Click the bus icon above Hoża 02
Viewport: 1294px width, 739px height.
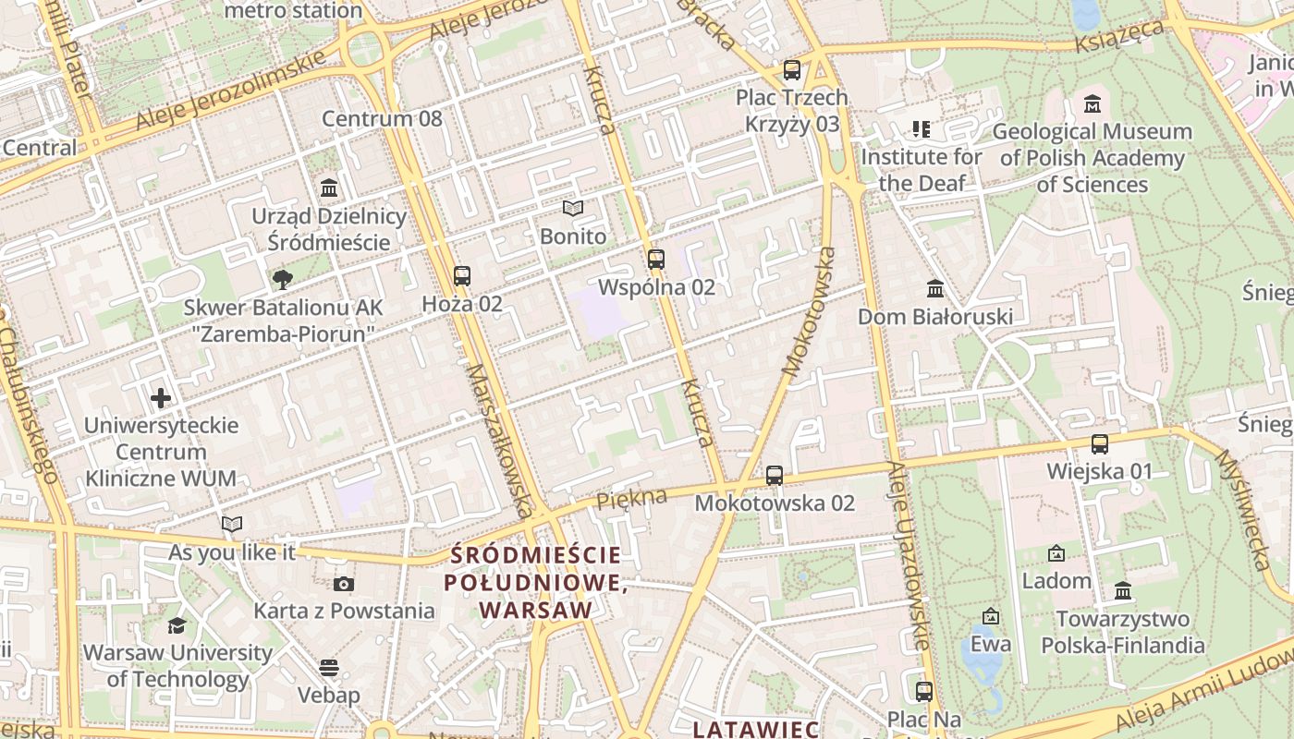tap(461, 275)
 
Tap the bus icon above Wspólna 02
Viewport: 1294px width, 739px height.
tap(656, 260)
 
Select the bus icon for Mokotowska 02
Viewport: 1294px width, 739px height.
tap(775, 476)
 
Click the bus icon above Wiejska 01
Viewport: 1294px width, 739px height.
tap(1100, 444)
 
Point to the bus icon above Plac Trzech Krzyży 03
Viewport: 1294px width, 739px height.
tap(792, 69)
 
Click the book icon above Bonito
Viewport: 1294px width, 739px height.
tap(573, 209)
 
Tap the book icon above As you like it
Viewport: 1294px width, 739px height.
tap(232, 525)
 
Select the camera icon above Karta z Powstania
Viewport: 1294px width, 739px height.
tap(344, 584)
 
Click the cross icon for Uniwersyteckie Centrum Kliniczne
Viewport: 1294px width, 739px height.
tap(161, 398)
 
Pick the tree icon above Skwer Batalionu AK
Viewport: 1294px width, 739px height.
tap(283, 279)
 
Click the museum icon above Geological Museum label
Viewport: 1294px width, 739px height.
tap(1093, 103)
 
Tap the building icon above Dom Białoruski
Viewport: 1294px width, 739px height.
tap(935, 289)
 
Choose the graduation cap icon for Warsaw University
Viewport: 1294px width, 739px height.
tap(177, 625)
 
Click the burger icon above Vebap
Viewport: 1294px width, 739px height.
tap(329, 667)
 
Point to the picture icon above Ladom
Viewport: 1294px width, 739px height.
tap(1056, 553)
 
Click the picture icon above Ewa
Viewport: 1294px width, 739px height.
tap(991, 616)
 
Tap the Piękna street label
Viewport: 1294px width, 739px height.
tap(631, 500)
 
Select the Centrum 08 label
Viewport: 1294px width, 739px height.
tap(382, 118)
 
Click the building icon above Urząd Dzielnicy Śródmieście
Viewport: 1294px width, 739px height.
tap(329, 188)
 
